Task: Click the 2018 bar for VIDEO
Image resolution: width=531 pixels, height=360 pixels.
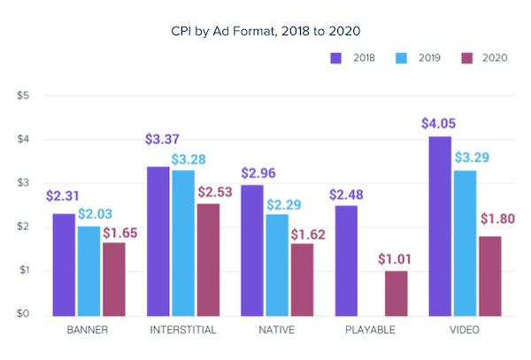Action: tap(440, 226)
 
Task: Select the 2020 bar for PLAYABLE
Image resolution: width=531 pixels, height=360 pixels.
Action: tap(397, 293)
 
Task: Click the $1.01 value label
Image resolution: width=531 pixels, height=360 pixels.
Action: tap(397, 260)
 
